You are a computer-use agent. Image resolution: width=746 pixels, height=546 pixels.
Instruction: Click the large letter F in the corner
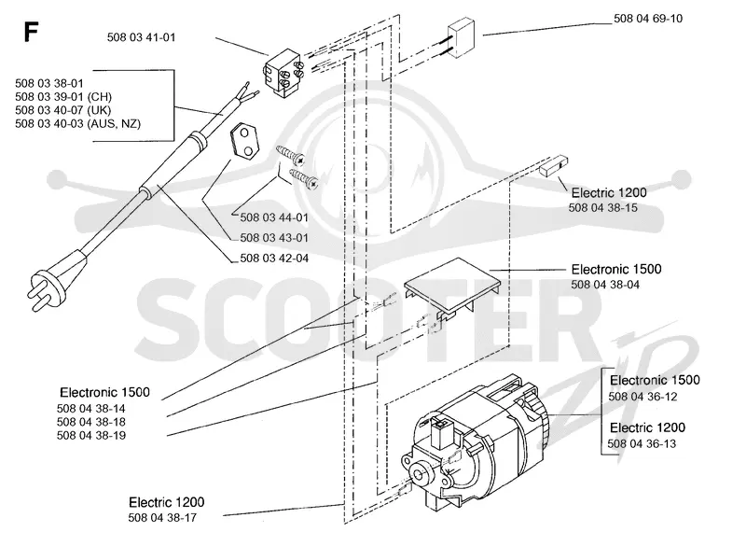pos(31,33)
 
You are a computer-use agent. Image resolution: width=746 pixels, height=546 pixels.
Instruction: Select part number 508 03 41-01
pos(142,37)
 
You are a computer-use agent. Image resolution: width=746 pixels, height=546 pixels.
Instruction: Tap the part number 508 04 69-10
pos(648,19)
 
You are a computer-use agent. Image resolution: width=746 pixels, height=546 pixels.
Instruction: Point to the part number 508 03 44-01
pos(274,217)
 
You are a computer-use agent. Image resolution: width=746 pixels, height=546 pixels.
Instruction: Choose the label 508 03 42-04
pos(274,258)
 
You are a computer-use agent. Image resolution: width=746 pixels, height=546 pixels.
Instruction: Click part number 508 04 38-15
pos(602,208)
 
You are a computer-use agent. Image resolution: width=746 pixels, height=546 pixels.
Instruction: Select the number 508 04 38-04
pos(605,285)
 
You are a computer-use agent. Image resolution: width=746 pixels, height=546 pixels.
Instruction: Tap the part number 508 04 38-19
pos(91,435)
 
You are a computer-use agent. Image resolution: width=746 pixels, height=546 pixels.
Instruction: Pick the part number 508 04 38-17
pos(162,517)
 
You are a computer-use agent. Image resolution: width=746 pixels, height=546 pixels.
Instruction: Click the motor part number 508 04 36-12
pos(642,397)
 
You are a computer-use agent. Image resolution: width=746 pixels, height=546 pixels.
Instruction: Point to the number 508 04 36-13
pos(642,443)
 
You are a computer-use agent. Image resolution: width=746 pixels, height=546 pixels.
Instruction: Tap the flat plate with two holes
pos(245,140)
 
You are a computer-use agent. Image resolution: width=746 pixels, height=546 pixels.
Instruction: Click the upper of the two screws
pos(290,153)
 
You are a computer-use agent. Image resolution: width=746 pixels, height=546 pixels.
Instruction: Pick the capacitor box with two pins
pos(461,37)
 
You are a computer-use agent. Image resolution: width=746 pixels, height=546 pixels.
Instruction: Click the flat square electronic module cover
pos(452,287)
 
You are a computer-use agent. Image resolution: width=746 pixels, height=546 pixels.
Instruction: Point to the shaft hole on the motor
pos(421,474)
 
